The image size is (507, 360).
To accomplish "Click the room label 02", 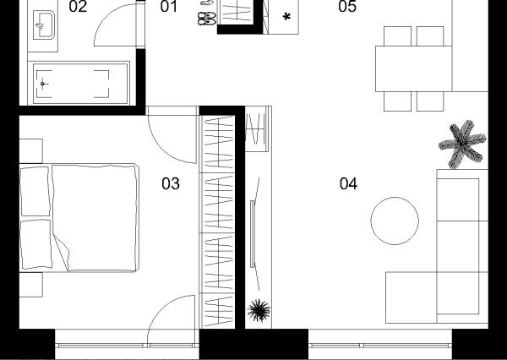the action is [78, 7].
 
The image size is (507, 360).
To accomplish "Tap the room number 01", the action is [168, 7].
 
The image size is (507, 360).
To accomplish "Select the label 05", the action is [347, 7].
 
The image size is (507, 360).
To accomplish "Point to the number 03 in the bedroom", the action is [171, 183].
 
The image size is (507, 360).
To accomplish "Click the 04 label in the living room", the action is [348, 183].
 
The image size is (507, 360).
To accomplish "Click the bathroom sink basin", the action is [44, 25].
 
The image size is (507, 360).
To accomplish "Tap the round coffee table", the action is [395, 221].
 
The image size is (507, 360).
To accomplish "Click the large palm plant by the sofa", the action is [462, 145].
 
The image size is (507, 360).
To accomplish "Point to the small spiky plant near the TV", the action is [259, 310].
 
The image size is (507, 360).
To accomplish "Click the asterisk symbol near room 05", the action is [286, 17].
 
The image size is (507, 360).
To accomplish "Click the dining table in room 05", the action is [413, 69].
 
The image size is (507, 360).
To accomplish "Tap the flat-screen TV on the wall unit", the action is [253, 234].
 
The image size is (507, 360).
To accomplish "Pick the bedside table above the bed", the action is [31, 151].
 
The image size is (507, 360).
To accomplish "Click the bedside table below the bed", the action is [31, 285].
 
